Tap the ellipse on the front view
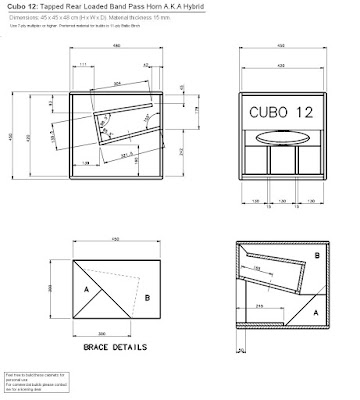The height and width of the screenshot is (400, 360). coord(282,137)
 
